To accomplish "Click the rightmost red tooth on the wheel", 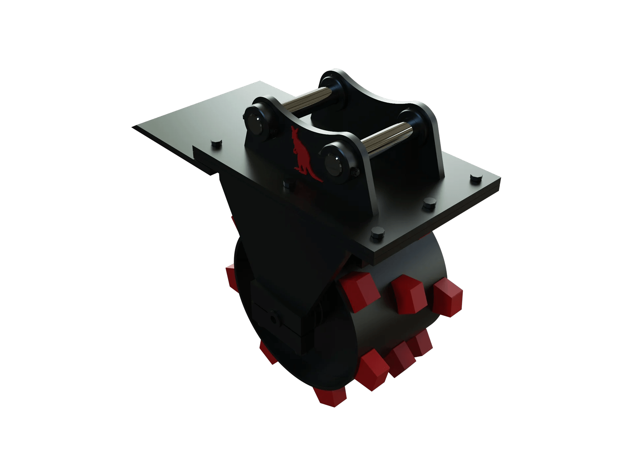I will tap(448, 297).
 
